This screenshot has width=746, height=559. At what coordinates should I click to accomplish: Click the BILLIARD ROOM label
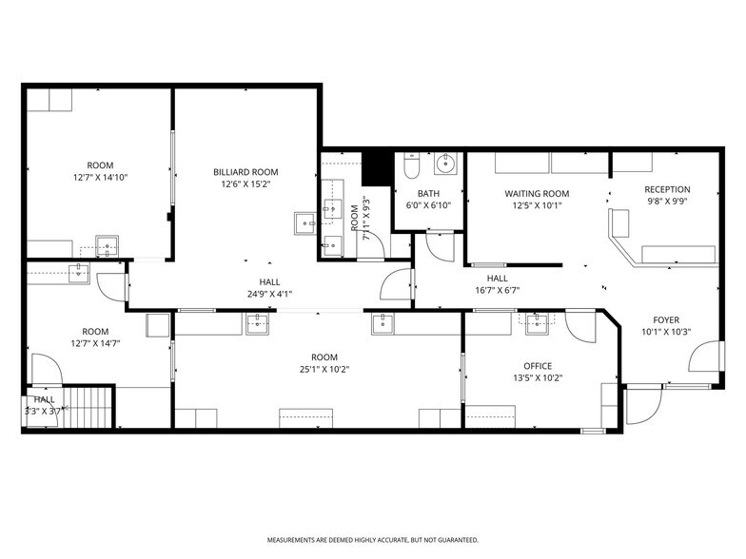pyautogui.click(x=245, y=172)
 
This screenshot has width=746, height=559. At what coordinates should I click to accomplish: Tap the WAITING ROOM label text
pyautogui.click(x=537, y=194)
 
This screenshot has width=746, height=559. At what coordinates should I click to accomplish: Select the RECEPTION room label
pyautogui.click(x=668, y=189)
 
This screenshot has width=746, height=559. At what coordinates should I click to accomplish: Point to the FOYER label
pyautogui.click(x=666, y=319)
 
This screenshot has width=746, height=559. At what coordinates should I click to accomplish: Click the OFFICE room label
pyautogui.click(x=538, y=366)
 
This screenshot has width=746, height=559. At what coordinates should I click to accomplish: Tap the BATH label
pyautogui.click(x=428, y=194)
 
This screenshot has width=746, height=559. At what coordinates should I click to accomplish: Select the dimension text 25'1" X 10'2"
pyautogui.click(x=324, y=369)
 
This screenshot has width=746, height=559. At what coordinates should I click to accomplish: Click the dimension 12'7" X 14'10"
pyautogui.click(x=101, y=177)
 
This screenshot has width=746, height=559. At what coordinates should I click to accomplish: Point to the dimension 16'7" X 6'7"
pyautogui.click(x=497, y=290)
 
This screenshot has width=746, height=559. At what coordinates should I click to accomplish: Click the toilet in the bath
pyautogui.click(x=410, y=165)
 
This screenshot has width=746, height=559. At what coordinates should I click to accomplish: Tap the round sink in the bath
pyautogui.click(x=445, y=164)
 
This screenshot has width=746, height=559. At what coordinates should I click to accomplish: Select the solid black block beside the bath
pyautogui.click(x=377, y=169)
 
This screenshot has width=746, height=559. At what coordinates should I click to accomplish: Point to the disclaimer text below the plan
pyautogui.click(x=373, y=540)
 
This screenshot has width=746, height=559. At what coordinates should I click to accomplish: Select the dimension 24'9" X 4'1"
pyautogui.click(x=270, y=294)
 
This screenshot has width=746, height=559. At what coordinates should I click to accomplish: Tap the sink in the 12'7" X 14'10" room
pyautogui.click(x=108, y=246)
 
